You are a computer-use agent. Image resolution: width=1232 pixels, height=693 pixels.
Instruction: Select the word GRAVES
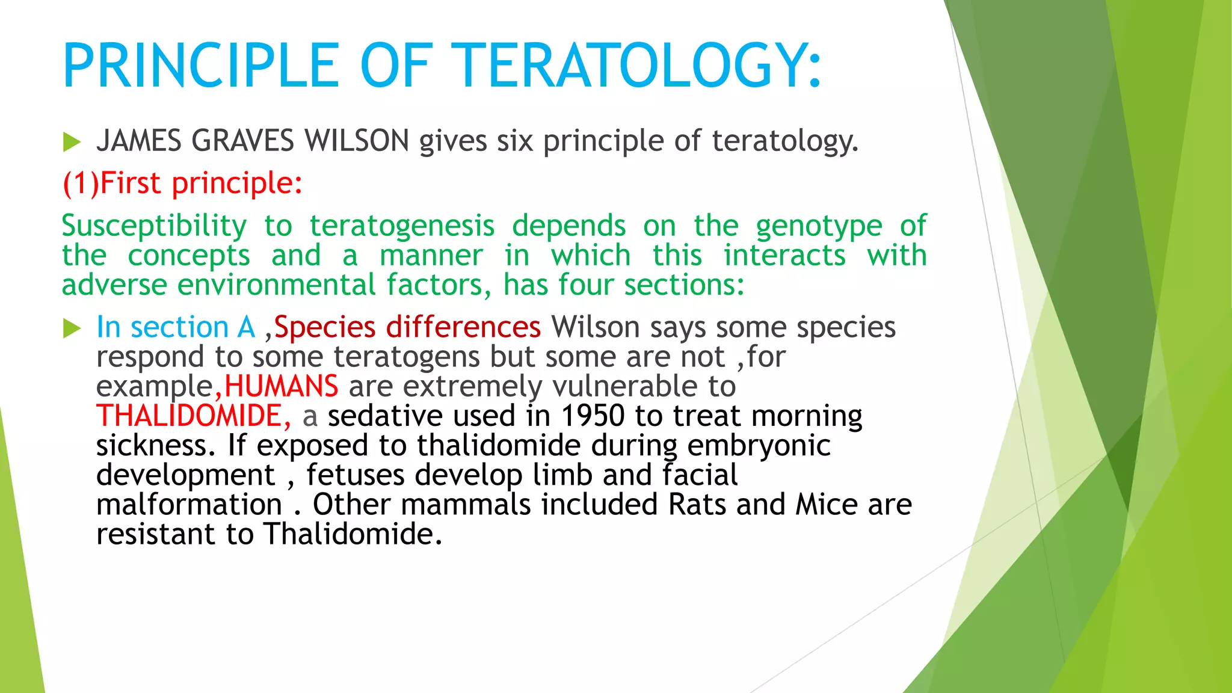(x=242, y=141)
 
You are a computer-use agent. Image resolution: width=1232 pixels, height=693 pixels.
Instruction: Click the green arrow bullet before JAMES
(x=72, y=143)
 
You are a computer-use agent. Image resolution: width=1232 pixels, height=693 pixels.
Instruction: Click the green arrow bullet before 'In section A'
(x=72, y=328)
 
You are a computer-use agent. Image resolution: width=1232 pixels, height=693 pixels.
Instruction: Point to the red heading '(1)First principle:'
(x=182, y=183)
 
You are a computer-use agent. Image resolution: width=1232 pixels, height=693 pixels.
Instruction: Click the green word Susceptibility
(x=154, y=227)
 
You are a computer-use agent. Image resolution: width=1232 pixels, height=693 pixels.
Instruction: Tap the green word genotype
(x=819, y=227)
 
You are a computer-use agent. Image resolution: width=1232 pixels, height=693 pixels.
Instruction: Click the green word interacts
(x=784, y=255)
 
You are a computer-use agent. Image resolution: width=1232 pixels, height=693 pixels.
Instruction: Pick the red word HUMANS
(x=281, y=386)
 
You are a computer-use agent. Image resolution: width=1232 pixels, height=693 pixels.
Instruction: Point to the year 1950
(x=593, y=416)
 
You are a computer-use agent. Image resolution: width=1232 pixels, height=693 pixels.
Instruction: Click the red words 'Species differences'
(x=407, y=327)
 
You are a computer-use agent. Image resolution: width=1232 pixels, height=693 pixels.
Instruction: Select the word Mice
(x=826, y=504)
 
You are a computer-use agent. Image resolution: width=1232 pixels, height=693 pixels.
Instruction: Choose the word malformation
(x=189, y=504)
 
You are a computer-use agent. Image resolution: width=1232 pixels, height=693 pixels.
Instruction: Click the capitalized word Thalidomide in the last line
(x=353, y=534)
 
